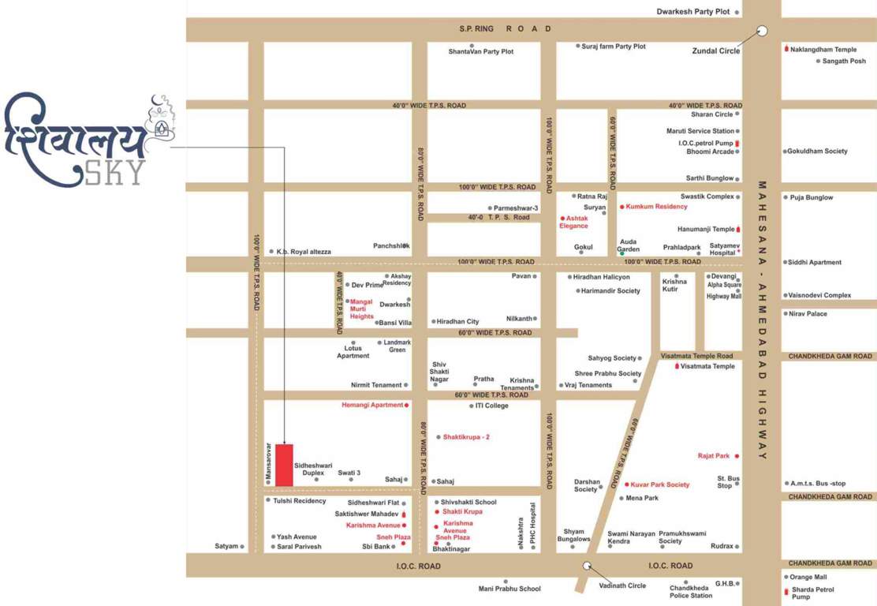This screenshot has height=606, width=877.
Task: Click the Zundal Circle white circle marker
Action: click(x=762, y=32)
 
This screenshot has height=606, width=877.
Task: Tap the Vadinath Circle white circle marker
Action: click(x=587, y=565)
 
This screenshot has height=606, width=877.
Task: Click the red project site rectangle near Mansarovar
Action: click(x=284, y=465)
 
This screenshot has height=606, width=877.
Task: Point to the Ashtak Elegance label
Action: click(x=574, y=222)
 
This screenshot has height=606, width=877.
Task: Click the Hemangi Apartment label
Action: click(x=372, y=405)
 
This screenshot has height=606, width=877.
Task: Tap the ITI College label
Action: click(x=492, y=406)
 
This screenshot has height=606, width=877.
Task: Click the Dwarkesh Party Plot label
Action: click(x=693, y=12)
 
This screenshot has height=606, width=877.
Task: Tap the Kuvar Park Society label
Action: click(x=659, y=484)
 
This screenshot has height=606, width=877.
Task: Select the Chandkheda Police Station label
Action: click(x=691, y=592)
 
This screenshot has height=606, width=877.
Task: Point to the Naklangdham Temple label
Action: click(x=823, y=50)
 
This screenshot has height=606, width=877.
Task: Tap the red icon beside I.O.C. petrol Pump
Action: click(x=737, y=143)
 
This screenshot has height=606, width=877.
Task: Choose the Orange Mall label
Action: click(x=808, y=577)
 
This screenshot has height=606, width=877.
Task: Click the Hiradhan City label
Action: click(x=457, y=322)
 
